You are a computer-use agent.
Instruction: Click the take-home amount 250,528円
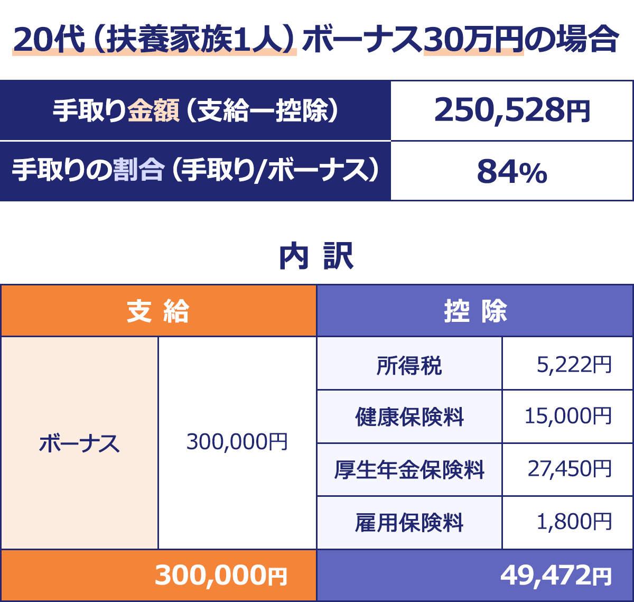[511, 110]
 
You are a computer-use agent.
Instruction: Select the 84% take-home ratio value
[511, 172]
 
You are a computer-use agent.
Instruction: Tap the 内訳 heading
[316, 257]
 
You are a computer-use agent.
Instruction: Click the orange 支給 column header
[158, 311]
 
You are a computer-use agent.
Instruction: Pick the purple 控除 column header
[475, 311]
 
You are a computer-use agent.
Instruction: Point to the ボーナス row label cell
[79, 443]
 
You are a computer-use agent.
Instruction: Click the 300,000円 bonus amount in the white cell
[237, 442]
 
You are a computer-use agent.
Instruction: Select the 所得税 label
[409, 365]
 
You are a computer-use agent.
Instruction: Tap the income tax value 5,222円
[574, 364]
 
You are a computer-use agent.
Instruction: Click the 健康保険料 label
[409, 417]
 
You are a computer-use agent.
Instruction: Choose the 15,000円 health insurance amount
[568, 416]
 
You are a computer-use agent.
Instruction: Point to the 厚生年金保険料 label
[409, 469]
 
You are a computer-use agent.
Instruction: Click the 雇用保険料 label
[409, 523]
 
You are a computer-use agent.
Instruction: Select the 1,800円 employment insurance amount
[574, 522]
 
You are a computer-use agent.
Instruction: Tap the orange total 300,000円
[221, 575]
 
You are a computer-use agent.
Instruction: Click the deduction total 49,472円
[556, 575]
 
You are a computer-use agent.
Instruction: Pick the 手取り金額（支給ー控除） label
[195, 111]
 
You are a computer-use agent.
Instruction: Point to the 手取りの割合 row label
[195, 171]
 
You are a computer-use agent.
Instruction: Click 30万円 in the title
[473, 40]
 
